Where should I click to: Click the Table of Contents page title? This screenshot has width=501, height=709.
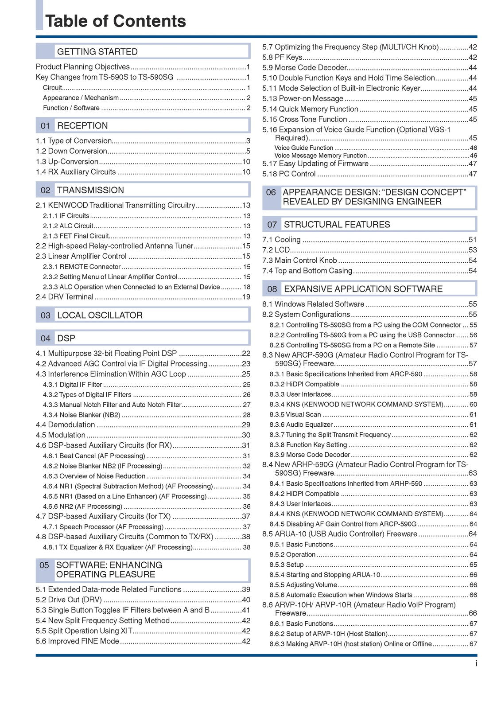pyautogui.click(x=116, y=21)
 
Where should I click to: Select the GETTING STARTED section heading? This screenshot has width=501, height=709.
pyautogui.click(x=97, y=52)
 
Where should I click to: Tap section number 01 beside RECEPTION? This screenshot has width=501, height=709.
pyautogui.click(x=45, y=126)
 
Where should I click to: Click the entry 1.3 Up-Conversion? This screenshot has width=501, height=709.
pyautogui.click(x=67, y=162)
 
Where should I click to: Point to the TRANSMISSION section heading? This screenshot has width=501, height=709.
pyautogui.click(x=90, y=190)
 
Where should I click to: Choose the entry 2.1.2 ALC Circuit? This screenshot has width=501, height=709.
pyautogui.click(x=68, y=226)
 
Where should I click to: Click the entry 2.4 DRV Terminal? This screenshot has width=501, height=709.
pyautogui.click(x=65, y=297)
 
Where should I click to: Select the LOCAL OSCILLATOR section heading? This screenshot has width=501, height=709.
pyautogui.click(x=100, y=316)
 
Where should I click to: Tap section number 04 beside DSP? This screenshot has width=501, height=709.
pyautogui.click(x=45, y=339)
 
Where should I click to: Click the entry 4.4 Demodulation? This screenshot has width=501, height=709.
pyautogui.click(x=65, y=425)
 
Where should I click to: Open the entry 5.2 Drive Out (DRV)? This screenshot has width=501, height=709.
pyautogui.click(x=69, y=600)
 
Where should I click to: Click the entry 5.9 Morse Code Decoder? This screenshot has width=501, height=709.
pyautogui.click(x=304, y=68)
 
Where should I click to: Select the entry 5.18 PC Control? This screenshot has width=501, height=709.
pyautogui.click(x=289, y=174)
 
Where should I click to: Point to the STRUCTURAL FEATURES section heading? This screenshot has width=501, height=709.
pyautogui.click(x=337, y=225)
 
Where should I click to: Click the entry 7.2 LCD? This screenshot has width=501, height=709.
pyautogui.click(x=276, y=250)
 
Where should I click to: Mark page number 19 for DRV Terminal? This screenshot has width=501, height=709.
pyautogui.click(x=246, y=297)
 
